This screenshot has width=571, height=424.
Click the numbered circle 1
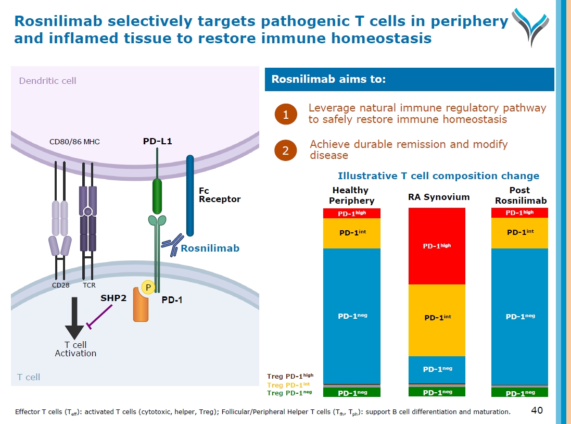pos(285,114)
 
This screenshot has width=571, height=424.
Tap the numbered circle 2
pos(285,151)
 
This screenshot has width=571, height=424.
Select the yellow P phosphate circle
pos(148,288)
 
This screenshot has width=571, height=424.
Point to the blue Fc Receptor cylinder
pos(190,195)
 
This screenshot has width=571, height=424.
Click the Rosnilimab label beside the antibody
pos(210,248)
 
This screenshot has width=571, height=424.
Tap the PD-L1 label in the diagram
pos(157,141)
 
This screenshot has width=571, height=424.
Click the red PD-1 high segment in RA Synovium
pos(436,246)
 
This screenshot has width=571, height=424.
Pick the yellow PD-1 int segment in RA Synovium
pos(436,320)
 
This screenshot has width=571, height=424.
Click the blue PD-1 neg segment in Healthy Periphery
pos(352,316)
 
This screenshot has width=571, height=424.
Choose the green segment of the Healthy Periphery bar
pos(352,392)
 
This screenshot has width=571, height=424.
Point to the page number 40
pos(537,410)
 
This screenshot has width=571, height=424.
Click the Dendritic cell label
pos(47,81)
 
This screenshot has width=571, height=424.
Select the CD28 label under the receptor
pos(60,285)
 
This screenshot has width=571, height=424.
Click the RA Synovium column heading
pos(439,197)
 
